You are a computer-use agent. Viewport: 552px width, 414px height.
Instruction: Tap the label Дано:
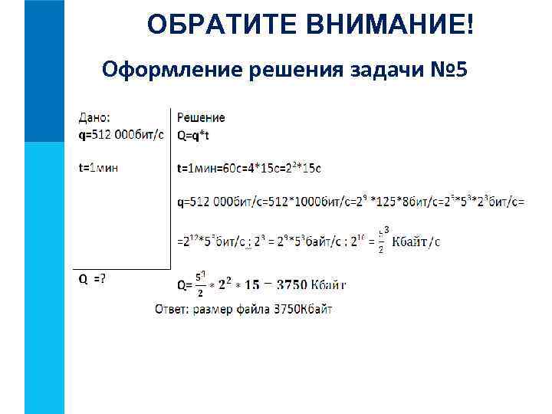[x=94, y=117]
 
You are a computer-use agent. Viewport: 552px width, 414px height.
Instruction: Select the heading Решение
[x=201, y=117]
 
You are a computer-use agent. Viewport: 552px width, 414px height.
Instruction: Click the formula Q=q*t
[x=192, y=134]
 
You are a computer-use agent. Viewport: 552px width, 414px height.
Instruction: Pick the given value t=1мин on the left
[x=98, y=167]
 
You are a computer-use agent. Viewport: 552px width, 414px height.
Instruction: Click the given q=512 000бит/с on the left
[x=121, y=134]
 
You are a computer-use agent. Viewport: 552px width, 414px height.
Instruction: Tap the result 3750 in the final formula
[x=291, y=285]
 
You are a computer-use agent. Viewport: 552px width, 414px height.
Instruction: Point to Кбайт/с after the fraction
[x=416, y=242]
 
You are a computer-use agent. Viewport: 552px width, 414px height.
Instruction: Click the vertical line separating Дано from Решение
[x=169, y=192]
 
